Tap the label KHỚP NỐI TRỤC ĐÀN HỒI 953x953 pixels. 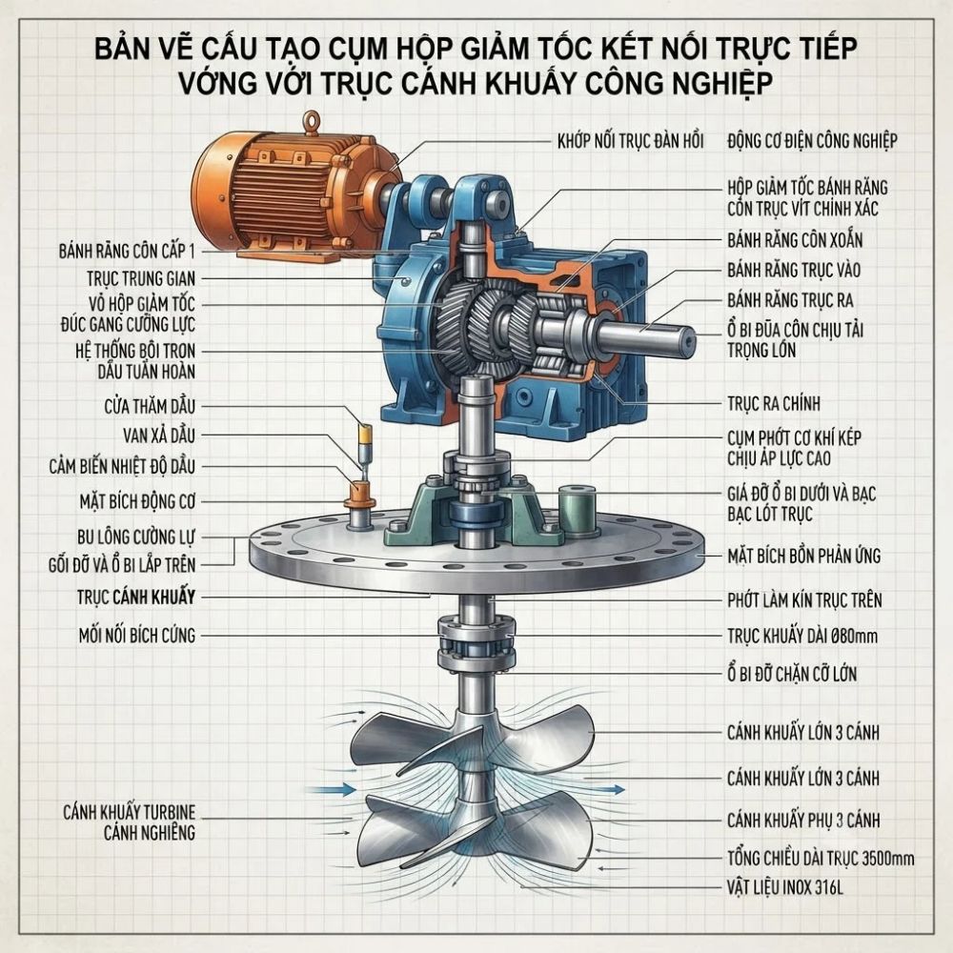pyautogui.click(x=630, y=141)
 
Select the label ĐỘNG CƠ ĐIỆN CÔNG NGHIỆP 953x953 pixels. pyautogui.click(x=812, y=141)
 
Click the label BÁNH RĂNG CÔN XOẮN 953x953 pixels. pyautogui.click(x=795, y=240)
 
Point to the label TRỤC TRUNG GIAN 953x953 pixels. pyautogui.click(x=141, y=279)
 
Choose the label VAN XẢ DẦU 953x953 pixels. pyautogui.click(x=159, y=436)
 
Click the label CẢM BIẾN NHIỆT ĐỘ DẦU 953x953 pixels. pyautogui.click(x=122, y=467)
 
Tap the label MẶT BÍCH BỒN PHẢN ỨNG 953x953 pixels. pyautogui.click(x=803, y=556)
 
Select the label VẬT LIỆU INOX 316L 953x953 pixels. pyautogui.click(x=785, y=888)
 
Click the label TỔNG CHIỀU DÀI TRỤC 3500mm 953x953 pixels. pyautogui.click(x=821, y=859)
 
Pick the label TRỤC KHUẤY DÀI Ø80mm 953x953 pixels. pyautogui.click(x=802, y=637)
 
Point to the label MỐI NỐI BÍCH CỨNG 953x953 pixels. pyautogui.click(x=137, y=636)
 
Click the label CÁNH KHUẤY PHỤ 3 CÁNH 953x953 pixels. pyautogui.click(x=803, y=821)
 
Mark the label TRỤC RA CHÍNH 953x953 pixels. pyautogui.click(x=774, y=403)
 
